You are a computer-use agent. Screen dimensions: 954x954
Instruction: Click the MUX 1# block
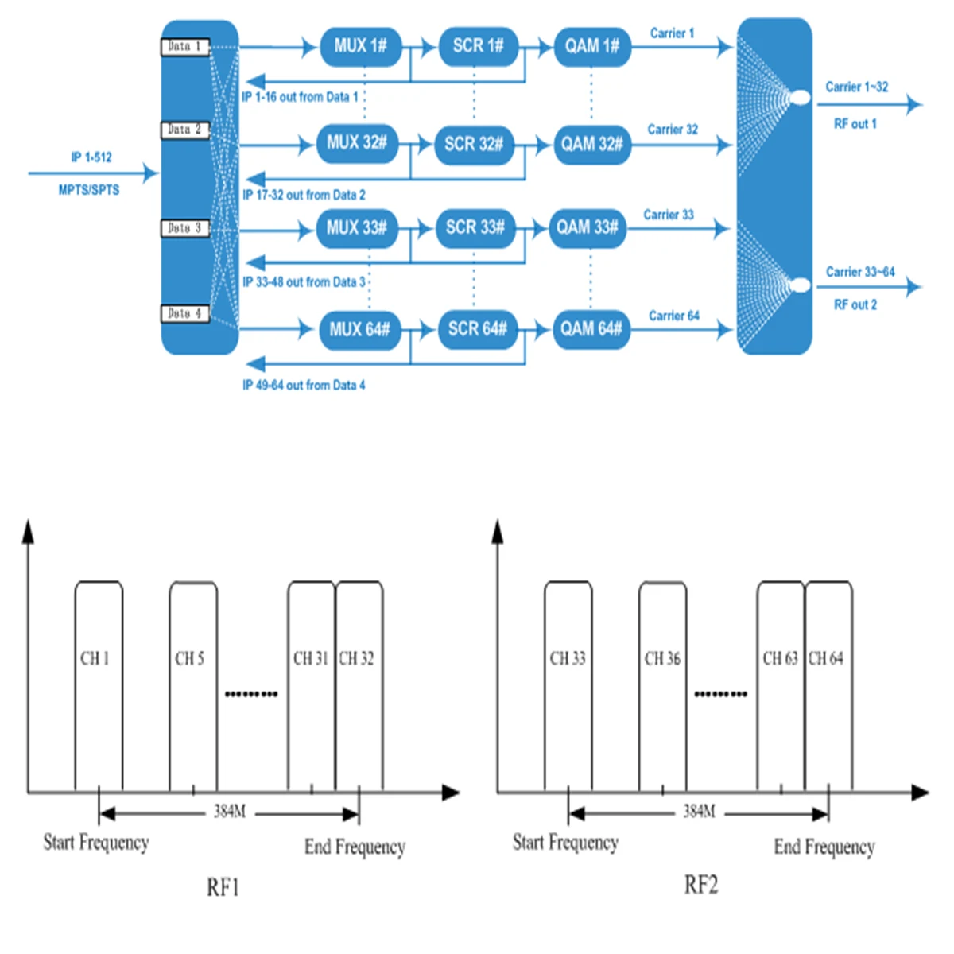(x=360, y=46)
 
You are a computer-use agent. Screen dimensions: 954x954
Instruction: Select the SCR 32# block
(x=474, y=144)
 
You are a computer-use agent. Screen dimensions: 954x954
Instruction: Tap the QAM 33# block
(x=588, y=227)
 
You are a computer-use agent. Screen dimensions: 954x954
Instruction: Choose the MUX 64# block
(x=359, y=329)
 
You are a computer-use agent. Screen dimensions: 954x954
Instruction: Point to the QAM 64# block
(x=591, y=329)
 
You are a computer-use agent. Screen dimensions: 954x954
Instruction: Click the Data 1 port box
(x=184, y=47)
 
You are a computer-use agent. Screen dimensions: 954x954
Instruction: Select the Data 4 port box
(x=184, y=314)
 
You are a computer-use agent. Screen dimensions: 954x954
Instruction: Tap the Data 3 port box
(x=184, y=228)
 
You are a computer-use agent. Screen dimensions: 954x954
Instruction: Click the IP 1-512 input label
(x=91, y=157)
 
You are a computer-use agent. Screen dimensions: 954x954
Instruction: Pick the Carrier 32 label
(x=673, y=130)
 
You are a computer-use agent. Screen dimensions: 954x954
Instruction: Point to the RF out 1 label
(x=855, y=124)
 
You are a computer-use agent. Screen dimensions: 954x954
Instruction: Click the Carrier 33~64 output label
(x=860, y=272)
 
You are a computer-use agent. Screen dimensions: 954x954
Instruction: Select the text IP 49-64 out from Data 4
(x=304, y=386)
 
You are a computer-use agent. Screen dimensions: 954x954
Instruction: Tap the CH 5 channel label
(x=190, y=658)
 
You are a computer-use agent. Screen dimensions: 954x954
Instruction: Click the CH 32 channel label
(x=356, y=658)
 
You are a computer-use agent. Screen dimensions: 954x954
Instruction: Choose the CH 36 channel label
(x=662, y=658)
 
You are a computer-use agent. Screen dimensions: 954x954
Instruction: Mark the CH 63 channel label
(x=780, y=658)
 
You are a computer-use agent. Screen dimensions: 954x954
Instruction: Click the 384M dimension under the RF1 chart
(x=230, y=812)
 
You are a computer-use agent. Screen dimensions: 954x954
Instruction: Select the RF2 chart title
(x=701, y=885)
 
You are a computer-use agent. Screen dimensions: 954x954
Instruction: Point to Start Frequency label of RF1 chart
(x=96, y=843)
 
